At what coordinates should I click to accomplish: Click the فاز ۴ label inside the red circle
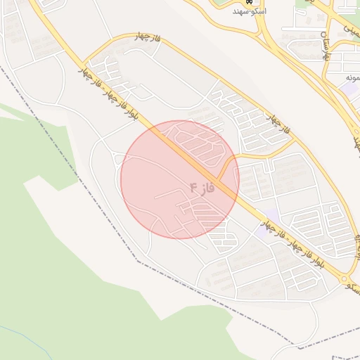[x=201, y=188]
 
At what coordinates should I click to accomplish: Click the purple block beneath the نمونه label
[x=351, y=89]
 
